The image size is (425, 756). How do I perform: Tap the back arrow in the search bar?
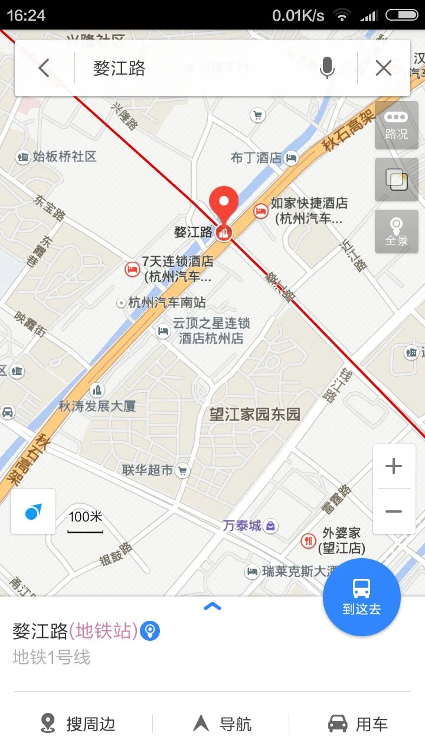pos(44,69)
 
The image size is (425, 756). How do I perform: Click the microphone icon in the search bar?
pos(327,69)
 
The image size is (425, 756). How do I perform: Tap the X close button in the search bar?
pos(384,69)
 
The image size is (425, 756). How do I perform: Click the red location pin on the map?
pos(224,204)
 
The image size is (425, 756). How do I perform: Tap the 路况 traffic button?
pos(397,125)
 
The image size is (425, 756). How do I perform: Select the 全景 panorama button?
pos(397,232)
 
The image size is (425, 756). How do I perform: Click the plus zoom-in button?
pos(394,467)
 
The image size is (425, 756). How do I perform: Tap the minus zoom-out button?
pos(394,511)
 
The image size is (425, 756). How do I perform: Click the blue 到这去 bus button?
pos(361,597)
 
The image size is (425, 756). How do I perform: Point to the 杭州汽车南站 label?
pos(167,303)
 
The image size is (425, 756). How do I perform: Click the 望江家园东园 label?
pos(255,414)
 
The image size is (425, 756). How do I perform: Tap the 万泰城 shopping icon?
pos(271,525)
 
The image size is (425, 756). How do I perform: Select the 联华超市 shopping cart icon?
pos(183,470)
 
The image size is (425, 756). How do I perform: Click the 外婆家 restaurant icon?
pos(308,540)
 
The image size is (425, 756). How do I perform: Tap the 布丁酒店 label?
pos(256,158)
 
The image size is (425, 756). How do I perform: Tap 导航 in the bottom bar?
pos(223,724)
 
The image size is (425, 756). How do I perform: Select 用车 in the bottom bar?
pos(358,724)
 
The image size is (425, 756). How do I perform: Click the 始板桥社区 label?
pos(64,157)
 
